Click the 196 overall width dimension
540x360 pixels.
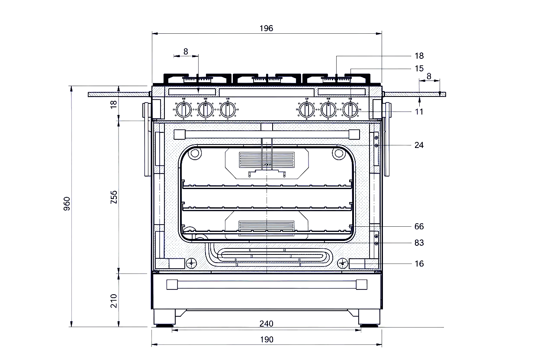point(267,29)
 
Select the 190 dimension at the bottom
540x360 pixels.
point(267,340)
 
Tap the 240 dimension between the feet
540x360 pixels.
point(267,324)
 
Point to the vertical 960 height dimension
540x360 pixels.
point(67,204)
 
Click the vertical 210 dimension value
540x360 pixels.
point(113,300)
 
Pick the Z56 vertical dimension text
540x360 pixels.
point(113,197)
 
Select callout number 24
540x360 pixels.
point(419,145)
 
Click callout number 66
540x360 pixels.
point(419,226)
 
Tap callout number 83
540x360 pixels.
point(419,243)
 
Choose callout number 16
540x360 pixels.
point(419,264)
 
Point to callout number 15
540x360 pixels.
point(419,68)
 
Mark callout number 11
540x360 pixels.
point(419,112)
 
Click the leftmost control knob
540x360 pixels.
point(183,110)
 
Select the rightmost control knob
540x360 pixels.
point(350,110)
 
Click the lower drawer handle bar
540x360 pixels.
point(267,284)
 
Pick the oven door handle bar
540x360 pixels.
point(267,134)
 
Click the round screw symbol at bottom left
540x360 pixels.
point(191,263)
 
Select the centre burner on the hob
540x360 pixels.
point(267,80)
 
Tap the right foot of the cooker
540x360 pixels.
point(369,317)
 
